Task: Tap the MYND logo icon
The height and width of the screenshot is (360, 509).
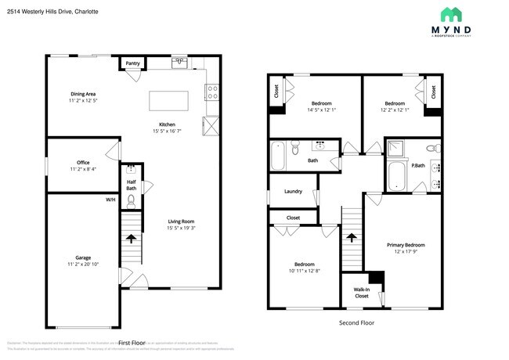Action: (451, 14)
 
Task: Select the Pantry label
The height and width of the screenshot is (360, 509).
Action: (132, 63)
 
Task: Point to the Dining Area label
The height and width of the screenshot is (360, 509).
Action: (82, 94)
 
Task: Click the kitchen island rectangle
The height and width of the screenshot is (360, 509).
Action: (169, 101)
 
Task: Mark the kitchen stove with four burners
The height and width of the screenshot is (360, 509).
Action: (211, 93)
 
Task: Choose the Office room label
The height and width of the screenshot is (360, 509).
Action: (82, 163)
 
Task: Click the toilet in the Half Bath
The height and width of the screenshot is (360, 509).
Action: (132, 201)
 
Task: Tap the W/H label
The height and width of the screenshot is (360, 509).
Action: (110, 200)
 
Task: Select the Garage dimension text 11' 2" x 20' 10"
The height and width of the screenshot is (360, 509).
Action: (82, 266)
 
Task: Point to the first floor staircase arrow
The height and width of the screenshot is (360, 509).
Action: (131, 238)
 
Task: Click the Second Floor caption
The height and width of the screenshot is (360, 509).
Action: (356, 322)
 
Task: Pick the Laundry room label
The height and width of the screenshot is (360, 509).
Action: (293, 191)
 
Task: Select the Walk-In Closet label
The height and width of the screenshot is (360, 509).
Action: (361, 293)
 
